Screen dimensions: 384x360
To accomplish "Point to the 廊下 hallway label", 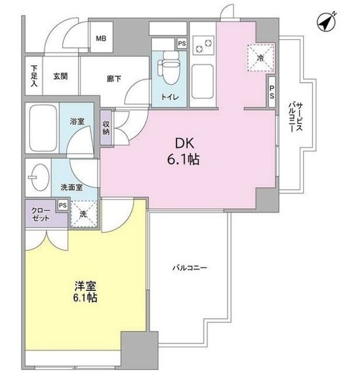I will tap(114, 78).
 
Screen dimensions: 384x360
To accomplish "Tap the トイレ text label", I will tap(168, 97).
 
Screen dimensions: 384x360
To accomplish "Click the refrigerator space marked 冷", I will tap(260, 58).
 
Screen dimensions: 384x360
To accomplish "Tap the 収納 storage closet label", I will tap(106, 129).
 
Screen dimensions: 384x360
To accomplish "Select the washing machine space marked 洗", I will tap(84, 214).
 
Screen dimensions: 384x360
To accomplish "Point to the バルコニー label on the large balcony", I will tap(190, 268).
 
